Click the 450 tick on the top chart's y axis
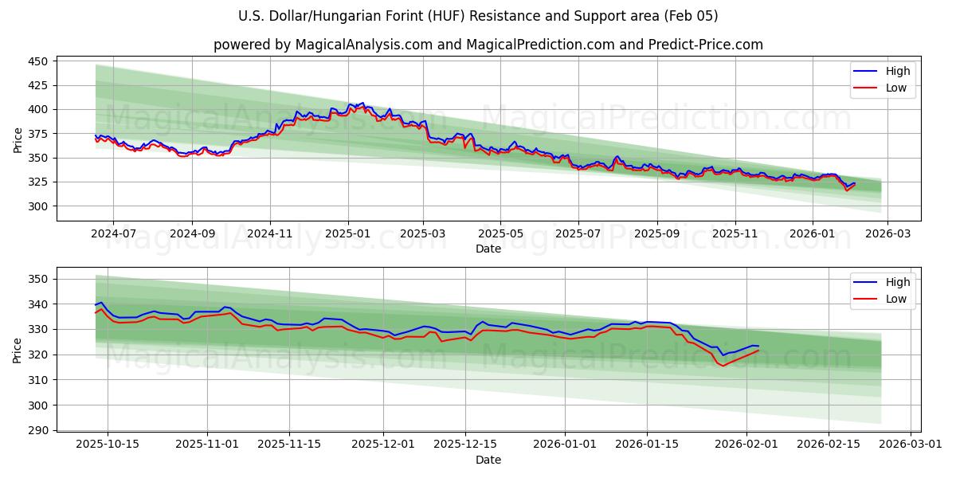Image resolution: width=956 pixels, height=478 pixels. tap(39, 61)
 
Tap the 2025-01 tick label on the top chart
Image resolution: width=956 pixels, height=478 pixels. tap(347, 234)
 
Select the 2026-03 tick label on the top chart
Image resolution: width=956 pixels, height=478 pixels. tap(887, 234)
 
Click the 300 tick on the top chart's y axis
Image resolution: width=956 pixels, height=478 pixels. tap(39, 206)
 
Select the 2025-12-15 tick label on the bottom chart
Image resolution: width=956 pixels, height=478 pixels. tap(466, 445)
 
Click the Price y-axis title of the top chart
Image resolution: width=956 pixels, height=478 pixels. tap(18, 139)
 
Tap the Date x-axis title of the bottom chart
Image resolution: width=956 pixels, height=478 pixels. tap(488, 460)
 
